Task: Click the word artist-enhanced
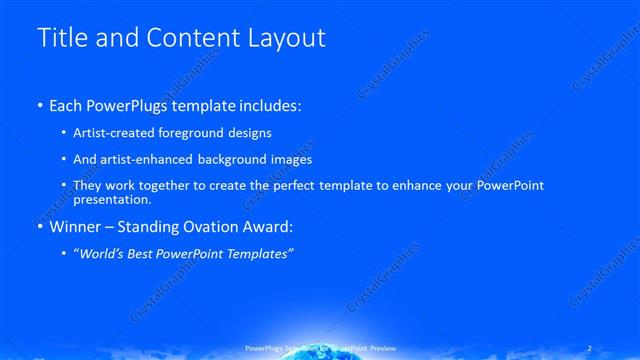[x=156, y=159]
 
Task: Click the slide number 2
[x=589, y=347]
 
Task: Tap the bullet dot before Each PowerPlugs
[x=40, y=106]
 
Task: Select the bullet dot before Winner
[x=40, y=227]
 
